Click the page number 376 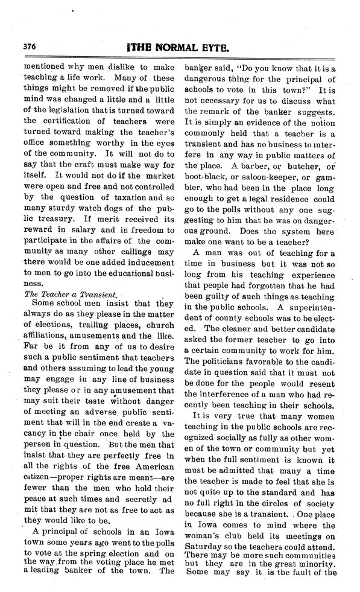tap(30, 45)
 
